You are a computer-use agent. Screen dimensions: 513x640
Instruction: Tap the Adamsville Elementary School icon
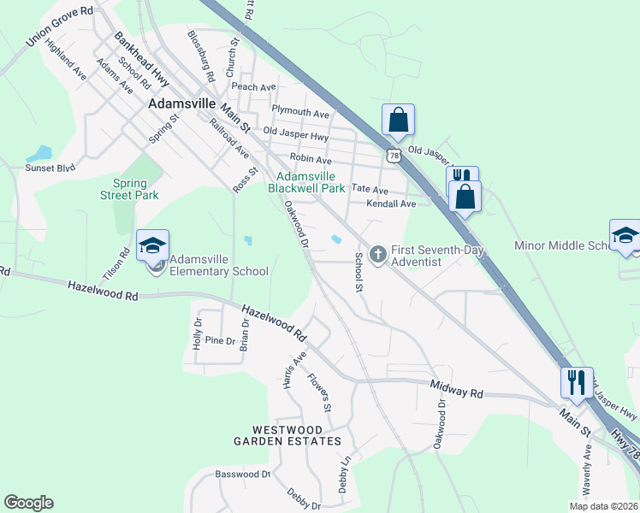point(152,246)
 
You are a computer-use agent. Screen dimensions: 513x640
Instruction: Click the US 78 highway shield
point(393,155)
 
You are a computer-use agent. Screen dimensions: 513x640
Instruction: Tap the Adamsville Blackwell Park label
point(306,181)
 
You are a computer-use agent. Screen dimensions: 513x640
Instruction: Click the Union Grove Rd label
point(59,26)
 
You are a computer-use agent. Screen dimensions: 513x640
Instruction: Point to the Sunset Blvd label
point(50,168)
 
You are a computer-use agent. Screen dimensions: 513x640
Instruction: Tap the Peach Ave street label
point(253,87)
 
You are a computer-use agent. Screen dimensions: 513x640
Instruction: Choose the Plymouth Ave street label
point(300,113)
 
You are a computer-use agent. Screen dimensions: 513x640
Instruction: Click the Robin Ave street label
point(311,159)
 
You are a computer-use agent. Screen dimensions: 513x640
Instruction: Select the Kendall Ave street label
point(390,204)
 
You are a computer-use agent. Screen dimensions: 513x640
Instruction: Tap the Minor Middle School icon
point(625,236)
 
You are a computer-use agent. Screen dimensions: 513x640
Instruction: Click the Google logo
point(28,503)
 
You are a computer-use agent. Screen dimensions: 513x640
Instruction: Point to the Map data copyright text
point(604,506)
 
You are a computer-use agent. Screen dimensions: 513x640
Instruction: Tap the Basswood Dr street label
point(242,474)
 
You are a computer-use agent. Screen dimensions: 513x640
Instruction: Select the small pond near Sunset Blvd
point(39,155)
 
